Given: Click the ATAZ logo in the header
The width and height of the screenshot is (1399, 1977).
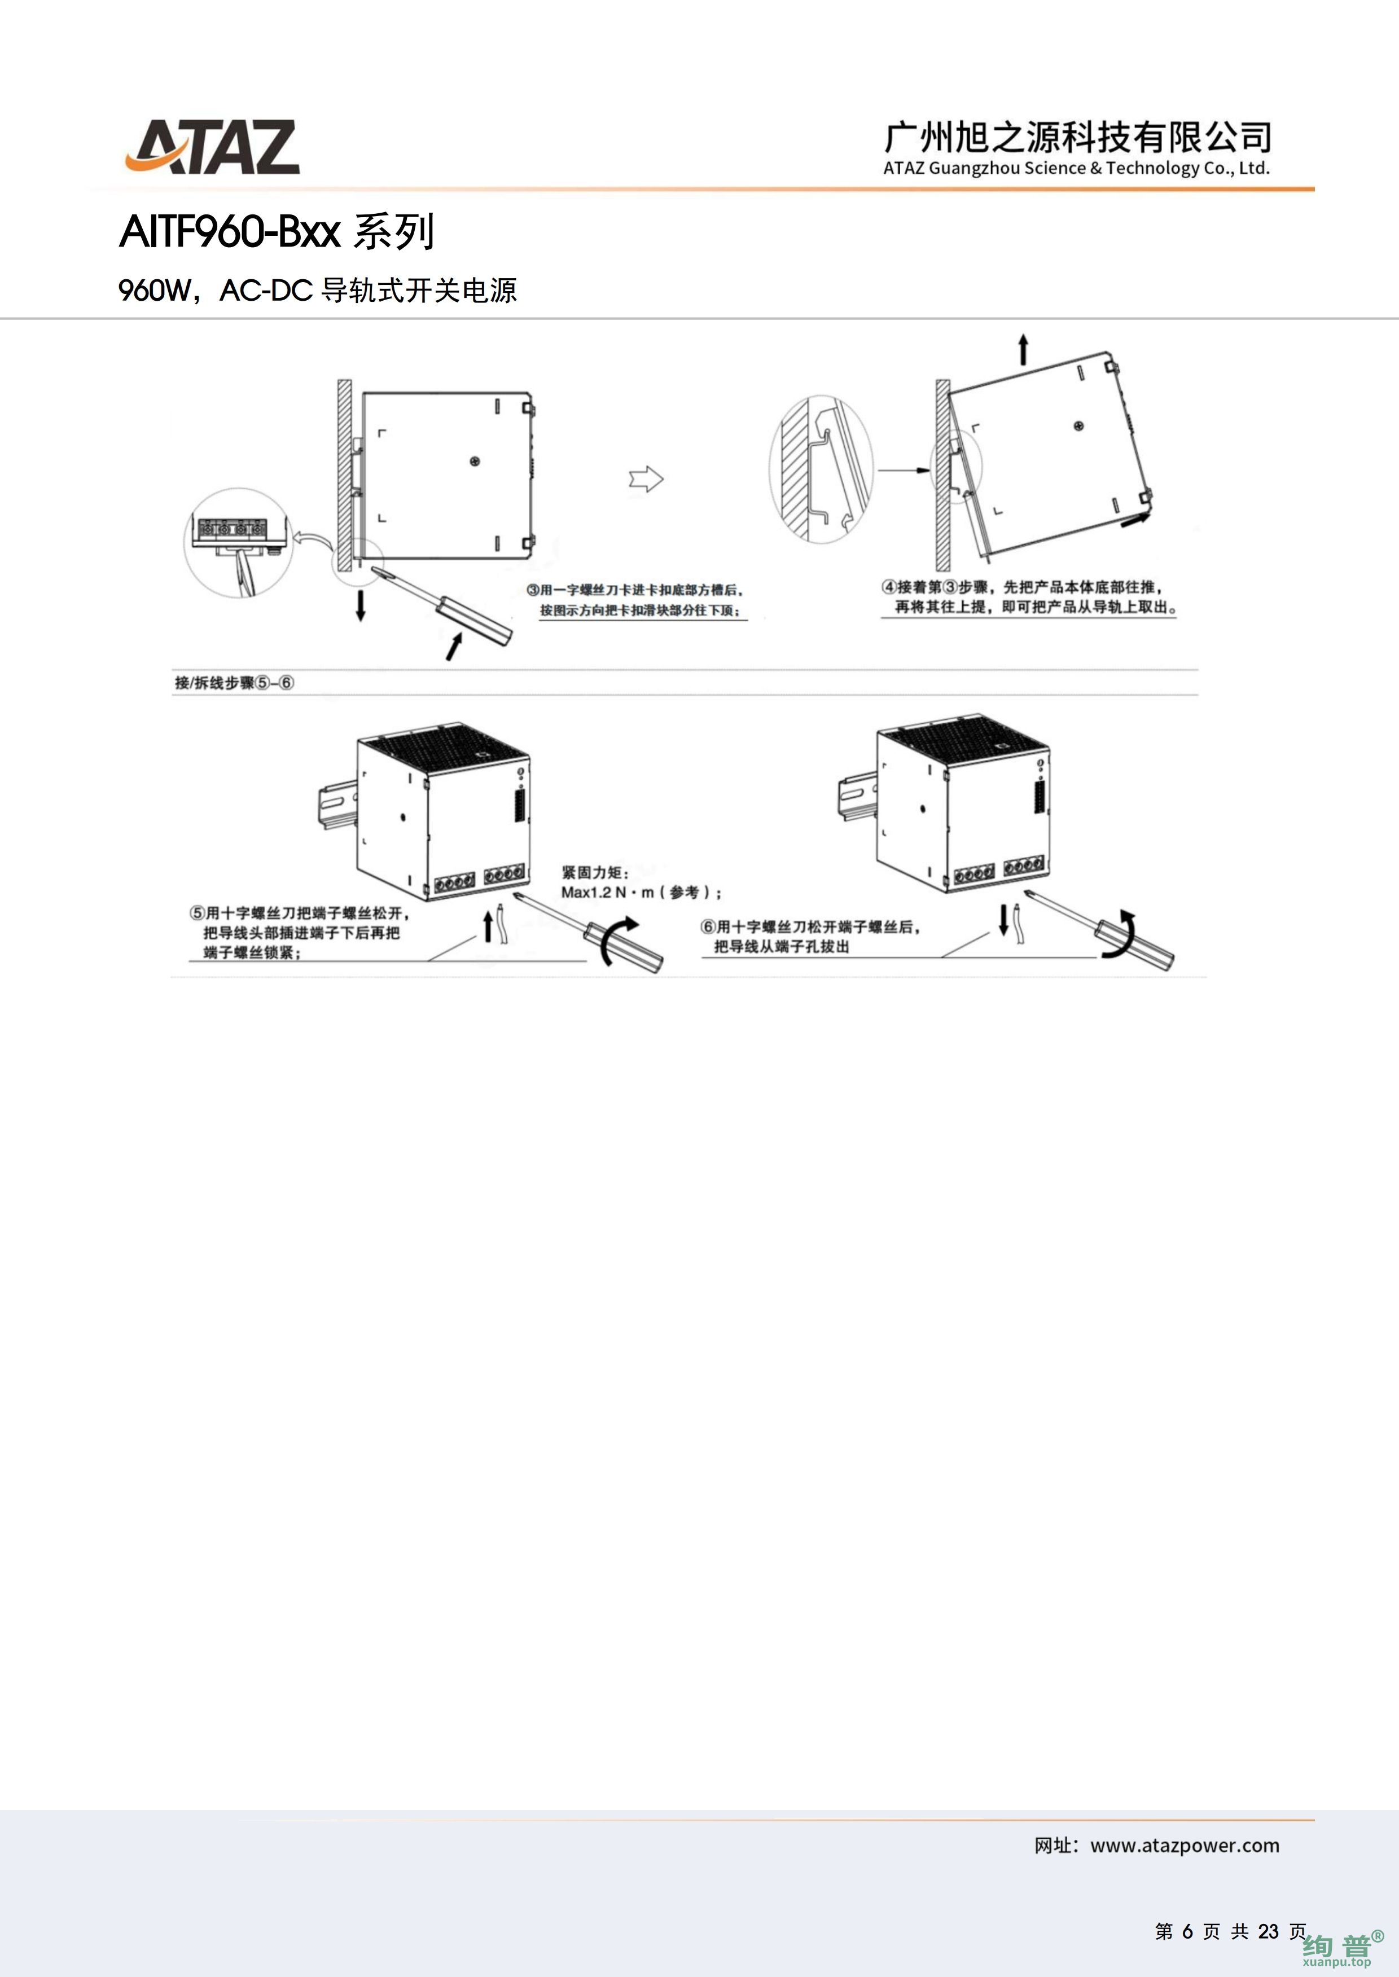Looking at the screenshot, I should tap(212, 148).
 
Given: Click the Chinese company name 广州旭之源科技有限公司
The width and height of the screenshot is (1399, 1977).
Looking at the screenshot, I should tap(1077, 137).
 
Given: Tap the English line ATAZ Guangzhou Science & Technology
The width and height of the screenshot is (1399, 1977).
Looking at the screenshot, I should tap(1076, 169).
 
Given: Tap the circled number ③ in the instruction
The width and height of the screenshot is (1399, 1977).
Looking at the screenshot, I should tap(533, 590).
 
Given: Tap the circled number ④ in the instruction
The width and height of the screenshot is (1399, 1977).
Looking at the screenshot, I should tap(889, 586).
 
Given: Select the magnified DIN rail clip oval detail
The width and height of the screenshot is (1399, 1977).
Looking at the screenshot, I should tap(820, 469).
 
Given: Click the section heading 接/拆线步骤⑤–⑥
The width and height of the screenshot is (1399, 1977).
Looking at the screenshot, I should tap(234, 683).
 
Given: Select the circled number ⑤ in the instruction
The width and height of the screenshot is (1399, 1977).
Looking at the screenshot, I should tap(198, 913).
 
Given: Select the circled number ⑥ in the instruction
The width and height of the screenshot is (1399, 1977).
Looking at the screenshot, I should tap(708, 926).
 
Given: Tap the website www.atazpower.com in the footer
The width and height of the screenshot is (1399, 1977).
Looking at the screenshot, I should tap(1185, 1846).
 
